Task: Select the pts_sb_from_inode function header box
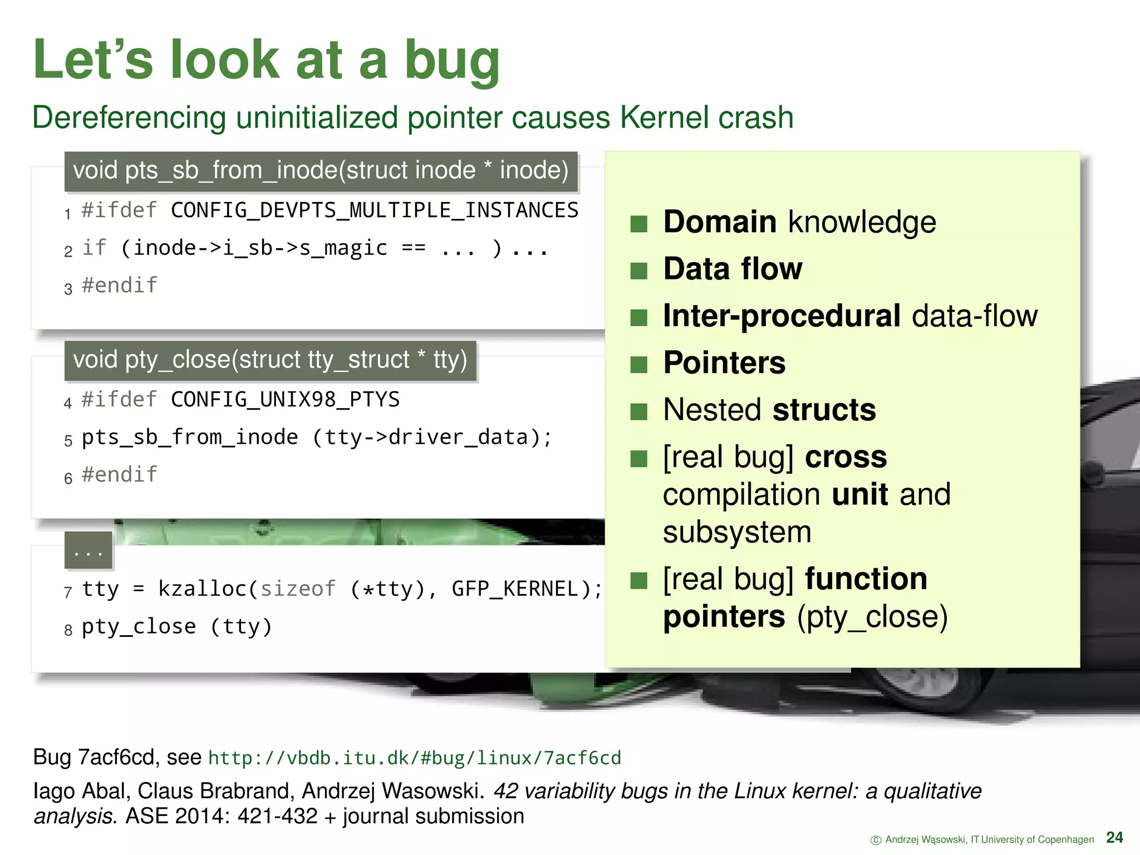coord(321,171)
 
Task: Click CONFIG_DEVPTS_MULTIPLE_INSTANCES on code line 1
coord(374,210)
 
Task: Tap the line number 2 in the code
coord(68,251)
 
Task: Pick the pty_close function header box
coord(270,360)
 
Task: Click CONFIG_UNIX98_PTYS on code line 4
coord(285,400)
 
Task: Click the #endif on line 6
coord(119,475)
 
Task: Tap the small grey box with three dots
coord(88,551)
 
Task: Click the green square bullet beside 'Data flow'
coord(638,271)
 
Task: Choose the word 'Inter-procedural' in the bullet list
coord(781,316)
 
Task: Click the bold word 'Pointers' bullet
coord(724,363)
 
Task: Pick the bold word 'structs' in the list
coord(824,410)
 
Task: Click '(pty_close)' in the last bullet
coord(872,617)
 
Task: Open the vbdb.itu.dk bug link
coord(414,758)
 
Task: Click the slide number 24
coord(1114,837)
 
